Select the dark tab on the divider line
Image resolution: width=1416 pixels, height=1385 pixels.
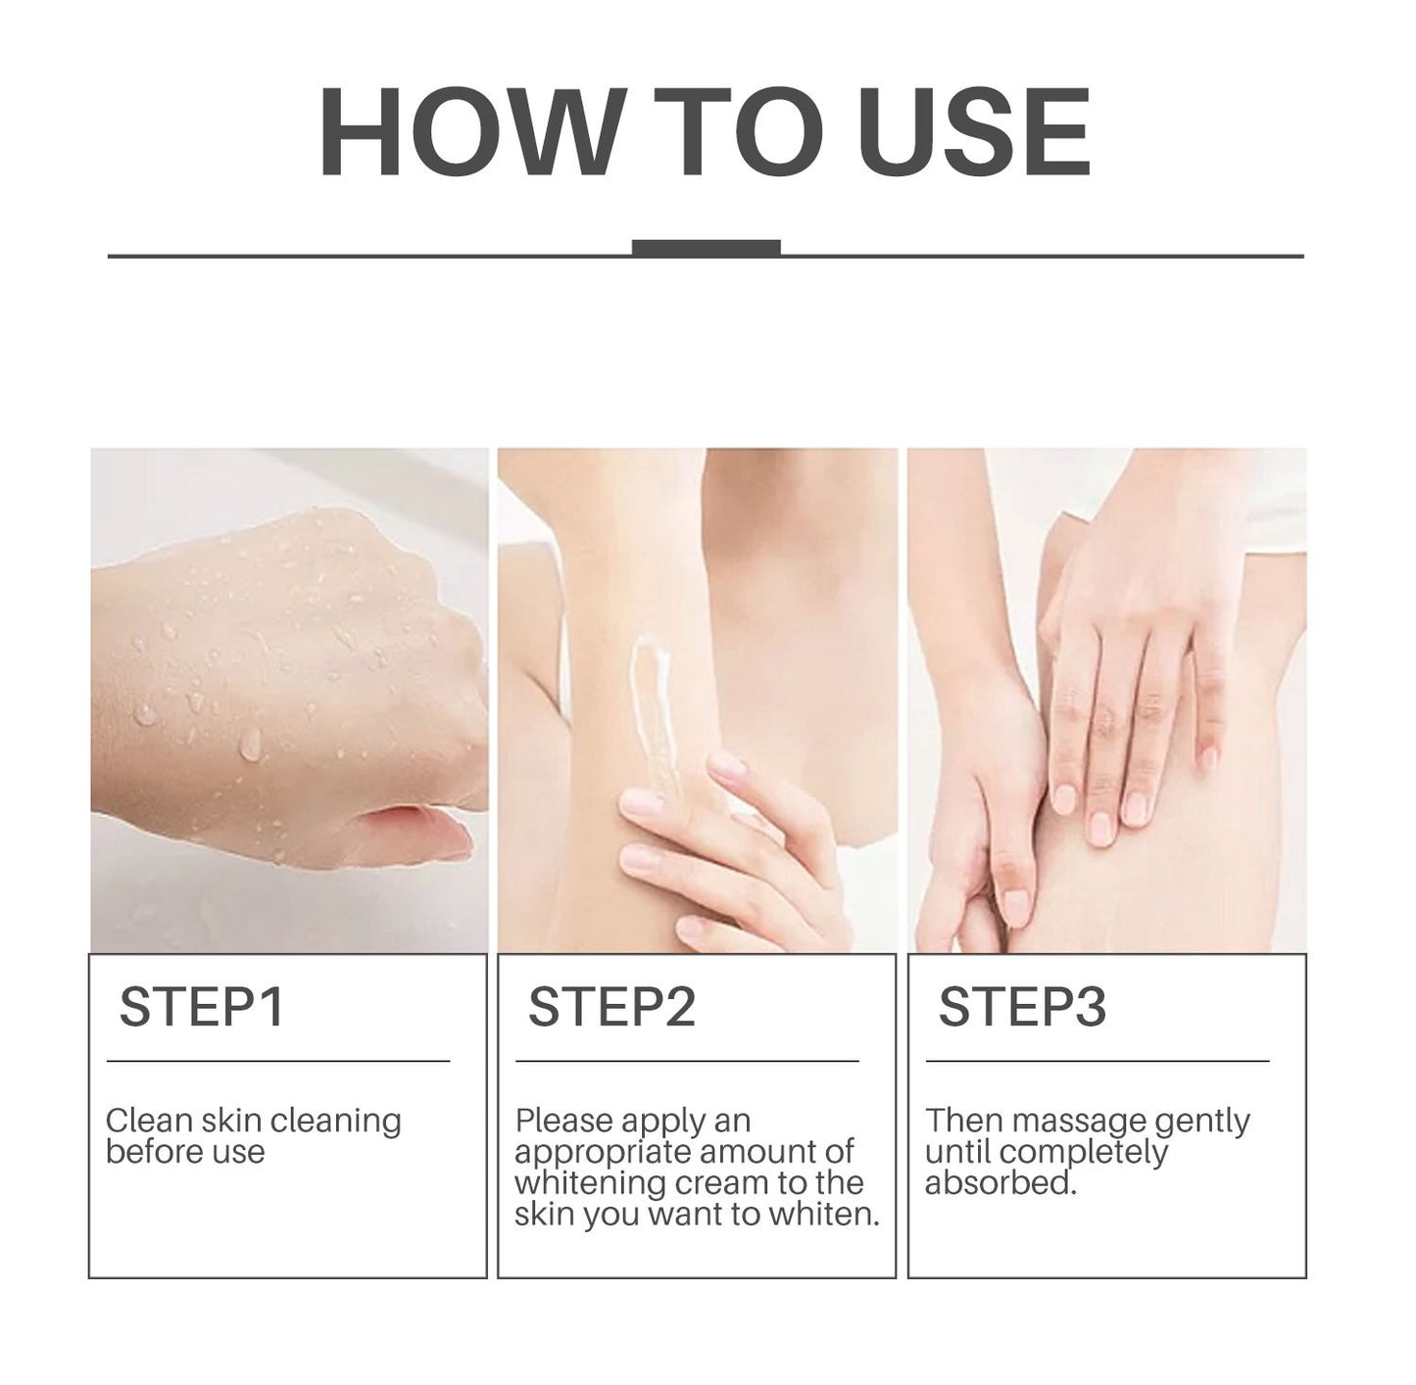coord(706,248)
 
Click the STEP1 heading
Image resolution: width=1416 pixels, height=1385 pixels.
coord(202,1007)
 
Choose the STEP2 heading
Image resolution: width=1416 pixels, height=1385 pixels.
coord(611,1007)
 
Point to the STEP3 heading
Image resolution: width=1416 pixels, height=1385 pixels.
coord(1022,1007)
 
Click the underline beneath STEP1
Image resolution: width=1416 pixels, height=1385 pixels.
coord(278,1061)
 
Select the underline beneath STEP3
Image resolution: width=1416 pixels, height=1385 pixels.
coord(1098,1061)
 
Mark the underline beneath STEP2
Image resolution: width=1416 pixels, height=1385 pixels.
coord(687,1061)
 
